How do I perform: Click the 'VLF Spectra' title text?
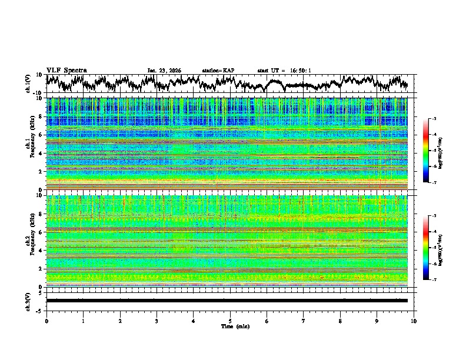point(66,70)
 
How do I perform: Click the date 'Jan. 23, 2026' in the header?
point(164,71)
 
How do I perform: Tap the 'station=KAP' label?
point(218,71)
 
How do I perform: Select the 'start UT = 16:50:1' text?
point(284,71)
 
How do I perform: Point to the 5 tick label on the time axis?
point(230,321)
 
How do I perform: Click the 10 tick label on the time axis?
point(414,321)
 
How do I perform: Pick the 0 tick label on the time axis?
point(46,321)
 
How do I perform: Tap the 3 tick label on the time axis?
point(157,321)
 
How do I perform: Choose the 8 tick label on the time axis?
point(340,321)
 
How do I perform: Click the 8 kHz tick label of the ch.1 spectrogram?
point(41,116)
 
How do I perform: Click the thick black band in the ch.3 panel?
point(227,301)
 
